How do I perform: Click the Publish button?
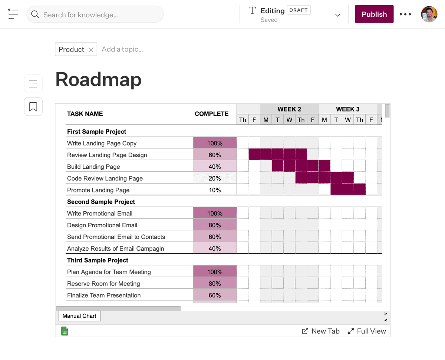tap(374, 14)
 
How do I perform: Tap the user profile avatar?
tap(429, 14)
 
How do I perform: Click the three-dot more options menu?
tap(405, 14)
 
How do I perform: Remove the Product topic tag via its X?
tap(91, 50)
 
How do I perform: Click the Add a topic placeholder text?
tap(122, 49)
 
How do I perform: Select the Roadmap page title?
tap(98, 79)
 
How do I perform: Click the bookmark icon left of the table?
tap(33, 107)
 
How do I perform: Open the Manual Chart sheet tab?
tap(79, 316)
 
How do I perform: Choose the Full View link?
tap(367, 331)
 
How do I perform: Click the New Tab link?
tap(321, 331)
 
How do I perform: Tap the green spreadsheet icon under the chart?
tap(65, 331)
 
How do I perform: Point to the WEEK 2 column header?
tap(289, 109)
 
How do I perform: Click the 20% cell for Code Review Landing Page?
tap(215, 178)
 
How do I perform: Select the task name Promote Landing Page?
tap(98, 190)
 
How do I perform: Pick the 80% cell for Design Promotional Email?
tap(215, 225)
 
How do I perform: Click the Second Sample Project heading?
tap(101, 202)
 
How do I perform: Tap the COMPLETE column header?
tap(211, 114)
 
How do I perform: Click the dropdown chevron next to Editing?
tap(337, 15)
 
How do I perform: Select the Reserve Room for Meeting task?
tap(103, 284)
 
